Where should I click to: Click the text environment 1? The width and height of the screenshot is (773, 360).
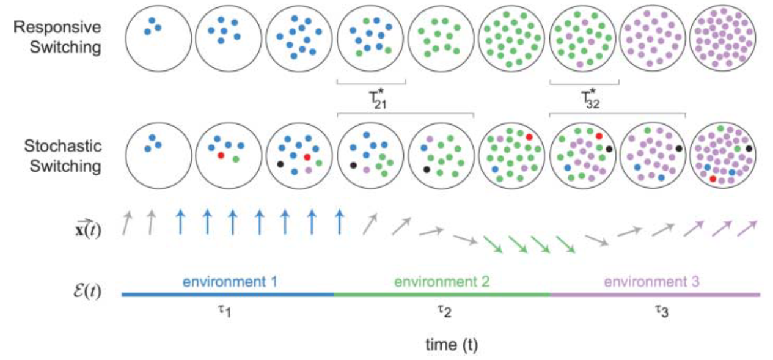[x=230, y=282]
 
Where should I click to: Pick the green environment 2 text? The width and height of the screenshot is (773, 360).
[x=442, y=282]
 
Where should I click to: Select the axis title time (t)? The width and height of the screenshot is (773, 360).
[x=452, y=345]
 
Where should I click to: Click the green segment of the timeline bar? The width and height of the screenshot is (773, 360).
[x=442, y=295]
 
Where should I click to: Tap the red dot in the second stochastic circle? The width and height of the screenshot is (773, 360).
[x=221, y=156]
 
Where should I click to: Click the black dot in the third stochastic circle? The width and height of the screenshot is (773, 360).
[x=280, y=164]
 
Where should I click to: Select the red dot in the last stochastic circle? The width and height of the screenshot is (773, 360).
[x=713, y=178]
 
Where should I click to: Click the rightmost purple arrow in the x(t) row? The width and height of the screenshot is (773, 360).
[x=748, y=229]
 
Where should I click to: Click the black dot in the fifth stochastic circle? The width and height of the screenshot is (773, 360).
[x=427, y=169]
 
